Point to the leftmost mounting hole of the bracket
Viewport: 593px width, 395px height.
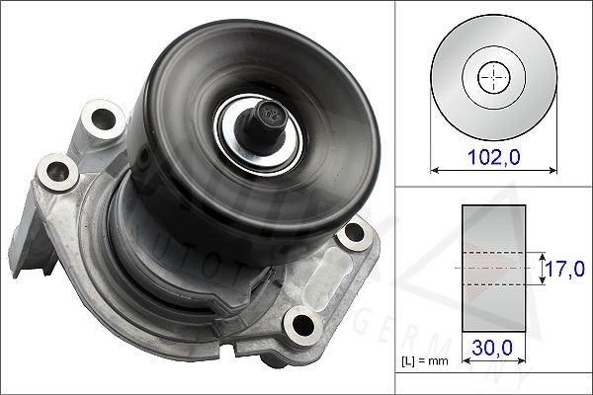[x=46, y=175]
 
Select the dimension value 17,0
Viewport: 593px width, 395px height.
[x=566, y=267]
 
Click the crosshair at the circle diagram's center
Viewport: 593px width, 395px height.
[x=492, y=76]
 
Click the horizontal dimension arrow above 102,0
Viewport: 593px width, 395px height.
[x=492, y=169]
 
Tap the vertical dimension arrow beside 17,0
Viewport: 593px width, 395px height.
[x=542, y=268]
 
